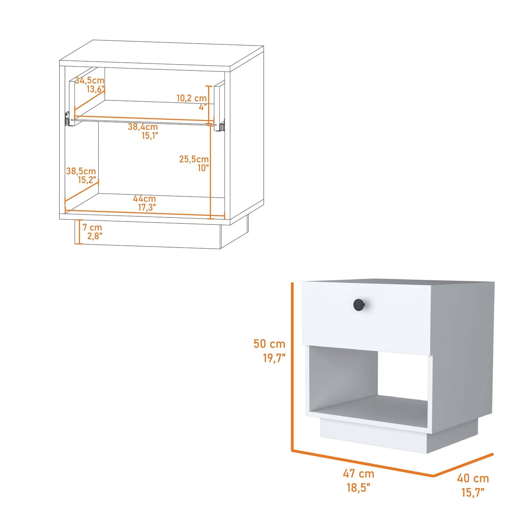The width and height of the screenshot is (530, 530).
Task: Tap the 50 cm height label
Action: [269, 344]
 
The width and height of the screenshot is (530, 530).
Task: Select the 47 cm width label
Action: [358, 474]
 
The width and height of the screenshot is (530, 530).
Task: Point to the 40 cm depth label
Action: [473, 478]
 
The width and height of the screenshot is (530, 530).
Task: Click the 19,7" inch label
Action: [274, 358]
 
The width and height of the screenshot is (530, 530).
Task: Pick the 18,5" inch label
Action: [358, 487]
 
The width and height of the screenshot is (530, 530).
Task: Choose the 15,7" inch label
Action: [473, 492]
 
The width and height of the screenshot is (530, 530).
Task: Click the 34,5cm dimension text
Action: [90, 80]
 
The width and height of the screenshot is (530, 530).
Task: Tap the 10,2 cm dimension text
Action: [191, 98]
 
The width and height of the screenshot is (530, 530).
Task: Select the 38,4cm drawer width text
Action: [143, 127]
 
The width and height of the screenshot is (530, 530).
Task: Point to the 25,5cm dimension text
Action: [194, 159]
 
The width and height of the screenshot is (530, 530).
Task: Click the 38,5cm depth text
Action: [81, 171]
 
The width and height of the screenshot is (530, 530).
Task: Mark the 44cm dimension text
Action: [144, 199]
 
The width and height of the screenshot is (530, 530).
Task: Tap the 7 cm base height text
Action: [92, 227]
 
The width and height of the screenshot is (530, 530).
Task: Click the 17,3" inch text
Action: [147, 208]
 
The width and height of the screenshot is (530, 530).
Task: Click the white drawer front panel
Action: [367, 323]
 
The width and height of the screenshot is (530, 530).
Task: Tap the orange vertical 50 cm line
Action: [292, 367]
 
